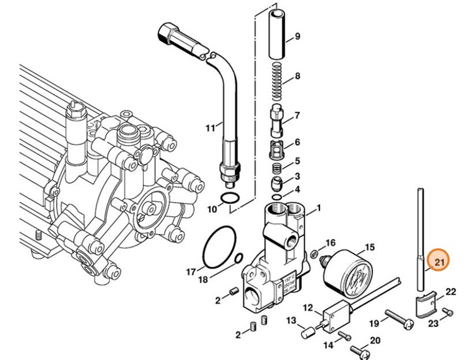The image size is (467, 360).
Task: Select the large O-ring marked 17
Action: click(217, 247)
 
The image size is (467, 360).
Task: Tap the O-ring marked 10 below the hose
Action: click(232, 201)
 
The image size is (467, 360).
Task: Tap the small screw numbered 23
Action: click(449, 311)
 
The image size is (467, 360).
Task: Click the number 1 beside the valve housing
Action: click(319, 207)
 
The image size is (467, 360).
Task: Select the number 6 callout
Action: click(297, 142)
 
